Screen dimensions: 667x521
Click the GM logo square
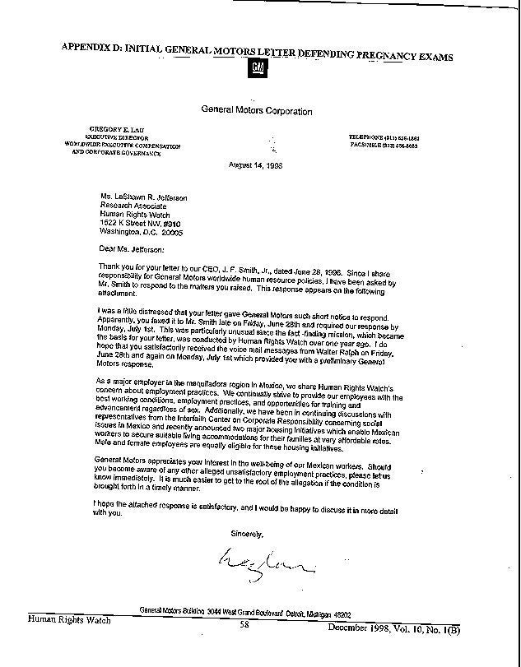(x=258, y=67)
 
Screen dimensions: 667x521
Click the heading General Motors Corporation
(x=256, y=111)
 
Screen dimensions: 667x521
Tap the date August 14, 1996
(x=256, y=164)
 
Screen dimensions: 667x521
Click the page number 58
(x=244, y=624)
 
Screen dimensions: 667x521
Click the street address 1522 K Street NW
(x=138, y=224)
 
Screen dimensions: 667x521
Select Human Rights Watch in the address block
(x=136, y=215)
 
